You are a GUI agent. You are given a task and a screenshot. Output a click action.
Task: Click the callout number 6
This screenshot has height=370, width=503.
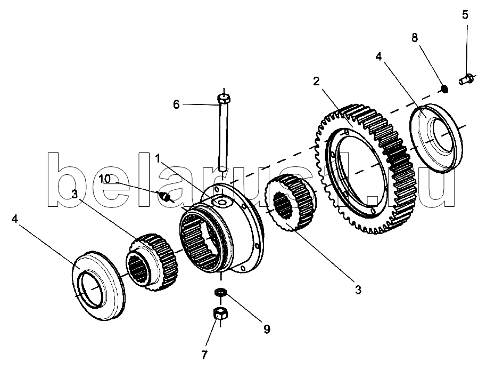pyautogui.click(x=176, y=104)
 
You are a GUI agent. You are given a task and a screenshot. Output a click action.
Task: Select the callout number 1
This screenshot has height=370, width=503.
pyautogui.click(x=158, y=158)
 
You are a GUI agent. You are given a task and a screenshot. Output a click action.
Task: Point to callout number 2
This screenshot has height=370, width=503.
pyautogui.click(x=316, y=81)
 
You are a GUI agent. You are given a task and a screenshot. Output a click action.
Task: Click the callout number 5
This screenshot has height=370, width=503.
pyautogui.click(x=465, y=14)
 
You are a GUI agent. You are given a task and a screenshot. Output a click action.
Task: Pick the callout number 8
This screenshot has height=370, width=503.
pyautogui.click(x=415, y=37)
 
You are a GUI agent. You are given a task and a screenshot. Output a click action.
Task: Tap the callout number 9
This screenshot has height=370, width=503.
pyautogui.click(x=266, y=329)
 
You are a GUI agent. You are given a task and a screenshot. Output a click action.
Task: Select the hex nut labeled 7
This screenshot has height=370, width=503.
pyautogui.click(x=219, y=314)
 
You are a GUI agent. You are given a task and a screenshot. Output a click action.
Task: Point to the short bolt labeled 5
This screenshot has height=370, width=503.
pyautogui.click(x=466, y=78)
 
